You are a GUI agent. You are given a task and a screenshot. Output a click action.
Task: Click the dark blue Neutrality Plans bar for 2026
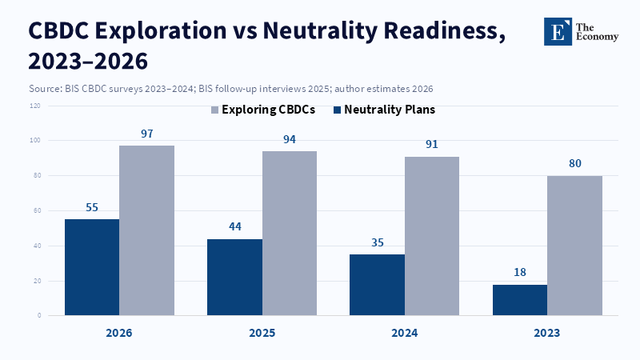tap(92, 267)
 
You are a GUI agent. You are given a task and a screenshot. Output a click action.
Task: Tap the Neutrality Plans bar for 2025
tap(234, 277)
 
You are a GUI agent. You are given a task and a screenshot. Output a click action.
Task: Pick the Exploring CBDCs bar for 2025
tap(289, 233)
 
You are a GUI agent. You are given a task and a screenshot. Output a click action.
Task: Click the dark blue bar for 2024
tap(377, 285)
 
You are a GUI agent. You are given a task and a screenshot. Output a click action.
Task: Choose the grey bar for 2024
tap(431, 236)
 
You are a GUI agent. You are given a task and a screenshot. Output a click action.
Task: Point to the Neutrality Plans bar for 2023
tap(520, 300)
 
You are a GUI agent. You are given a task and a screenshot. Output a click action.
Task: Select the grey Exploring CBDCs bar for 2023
tap(574, 246)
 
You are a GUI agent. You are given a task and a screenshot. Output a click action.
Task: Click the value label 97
tap(147, 134)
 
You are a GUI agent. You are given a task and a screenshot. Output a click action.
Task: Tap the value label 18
tap(520, 273)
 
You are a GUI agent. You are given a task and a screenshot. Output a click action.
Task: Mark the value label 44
tap(234, 227)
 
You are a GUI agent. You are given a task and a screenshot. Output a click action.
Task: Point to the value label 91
tap(432, 145)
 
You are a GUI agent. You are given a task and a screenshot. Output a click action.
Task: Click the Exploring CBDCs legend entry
tap(260, 110)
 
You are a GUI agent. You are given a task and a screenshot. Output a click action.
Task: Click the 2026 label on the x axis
tap(119, 332)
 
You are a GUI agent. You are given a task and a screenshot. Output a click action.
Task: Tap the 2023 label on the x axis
tap(547, 332)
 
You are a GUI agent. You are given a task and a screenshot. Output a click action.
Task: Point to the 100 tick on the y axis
tap(37, 141)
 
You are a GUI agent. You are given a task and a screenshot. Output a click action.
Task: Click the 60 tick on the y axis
tap(38, 211)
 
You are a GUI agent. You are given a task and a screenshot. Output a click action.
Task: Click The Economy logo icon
tap(558, 31)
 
